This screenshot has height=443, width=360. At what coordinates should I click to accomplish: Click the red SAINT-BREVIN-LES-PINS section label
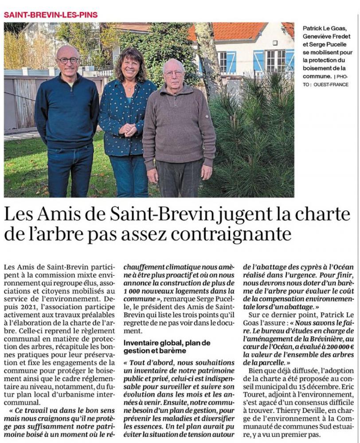click(x=51, y=15)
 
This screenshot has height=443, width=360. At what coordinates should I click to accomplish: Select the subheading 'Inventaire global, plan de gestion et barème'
click(x=167, y=347)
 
